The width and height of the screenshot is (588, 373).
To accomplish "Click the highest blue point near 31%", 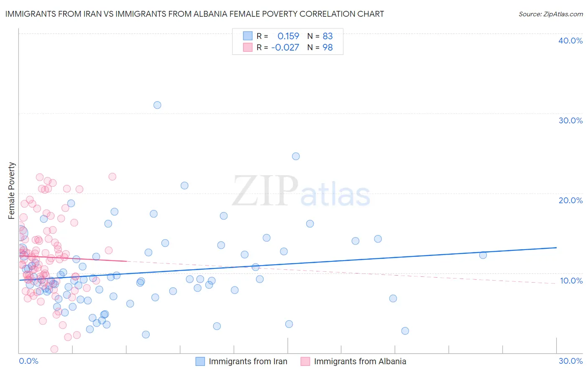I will (x=157, y=105).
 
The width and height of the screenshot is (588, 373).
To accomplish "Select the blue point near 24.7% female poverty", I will (x=296, y=156).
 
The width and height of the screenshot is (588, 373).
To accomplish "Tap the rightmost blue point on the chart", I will (x=483, y=255).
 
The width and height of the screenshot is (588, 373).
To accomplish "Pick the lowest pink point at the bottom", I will (x=54, y=349).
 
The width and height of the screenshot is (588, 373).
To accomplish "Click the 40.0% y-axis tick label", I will (x=570, y=41).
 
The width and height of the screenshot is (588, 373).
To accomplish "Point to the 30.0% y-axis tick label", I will (x=570, y=120).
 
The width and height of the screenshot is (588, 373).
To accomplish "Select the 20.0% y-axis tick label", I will (x=570, y=200).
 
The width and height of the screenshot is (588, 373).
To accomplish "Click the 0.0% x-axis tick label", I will (x=28, y=361).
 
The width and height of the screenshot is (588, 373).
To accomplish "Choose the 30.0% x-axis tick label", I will (x=570, y=361).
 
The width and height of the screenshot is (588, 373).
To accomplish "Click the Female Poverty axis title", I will (x=12, y=191).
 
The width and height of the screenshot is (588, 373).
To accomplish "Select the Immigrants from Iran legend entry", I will (x=248, y=361).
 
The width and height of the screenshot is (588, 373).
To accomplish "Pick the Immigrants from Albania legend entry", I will (x=360, y=361).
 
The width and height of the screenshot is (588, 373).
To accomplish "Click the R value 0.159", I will (x=288, y=36).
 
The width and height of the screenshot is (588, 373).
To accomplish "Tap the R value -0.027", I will (x=285, y=48).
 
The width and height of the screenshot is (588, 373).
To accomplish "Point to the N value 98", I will (x=327, y=48).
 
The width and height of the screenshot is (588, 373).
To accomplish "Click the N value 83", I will (x=327, y=36).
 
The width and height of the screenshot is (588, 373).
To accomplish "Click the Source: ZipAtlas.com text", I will (x=550, y=14).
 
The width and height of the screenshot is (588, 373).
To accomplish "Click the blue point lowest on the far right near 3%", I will (x=405, y=331).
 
